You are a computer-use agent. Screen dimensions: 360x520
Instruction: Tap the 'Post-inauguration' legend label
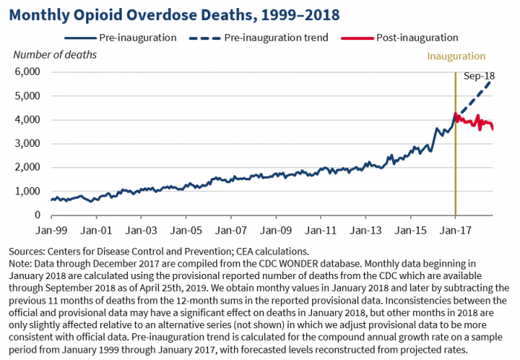pos(417,36)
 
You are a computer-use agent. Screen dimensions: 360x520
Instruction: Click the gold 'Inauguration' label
pos(456,56)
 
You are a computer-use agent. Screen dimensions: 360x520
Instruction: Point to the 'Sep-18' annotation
pos(478,76)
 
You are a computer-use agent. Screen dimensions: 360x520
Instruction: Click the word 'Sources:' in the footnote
pos(27,251)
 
